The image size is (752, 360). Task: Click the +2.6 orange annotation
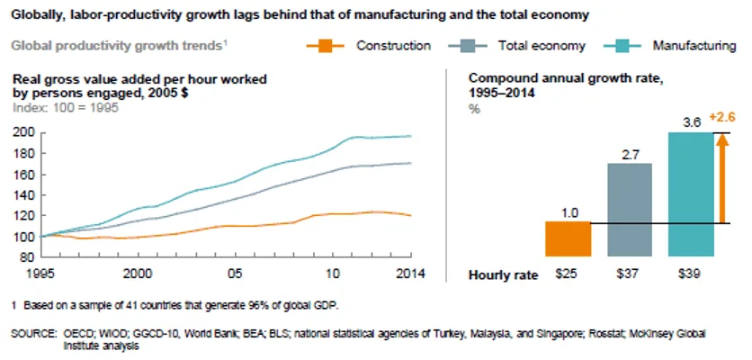tap(722, 118)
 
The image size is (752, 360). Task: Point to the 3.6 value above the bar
tap(693, 122)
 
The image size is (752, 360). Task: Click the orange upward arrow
tap(724, 180)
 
